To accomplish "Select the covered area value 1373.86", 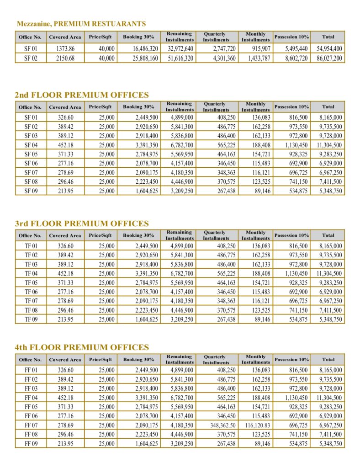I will tap(65, 48).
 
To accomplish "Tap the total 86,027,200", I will tap(328, 58).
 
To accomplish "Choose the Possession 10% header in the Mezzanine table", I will tap(291, 37).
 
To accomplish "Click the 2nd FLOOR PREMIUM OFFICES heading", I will tap(82, 95).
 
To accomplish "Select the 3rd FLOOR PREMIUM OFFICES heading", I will tap(82, 223).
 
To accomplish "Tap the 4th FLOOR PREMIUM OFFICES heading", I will tap(82, 347).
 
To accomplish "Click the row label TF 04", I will tap(31, 273).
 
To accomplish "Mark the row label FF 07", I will tap(31, 425).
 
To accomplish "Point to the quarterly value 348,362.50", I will tap(219, 425).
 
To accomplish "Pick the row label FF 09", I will tap(31, 444).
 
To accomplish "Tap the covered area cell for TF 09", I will tap(65, 319).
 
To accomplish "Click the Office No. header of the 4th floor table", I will tap(30, 360).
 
